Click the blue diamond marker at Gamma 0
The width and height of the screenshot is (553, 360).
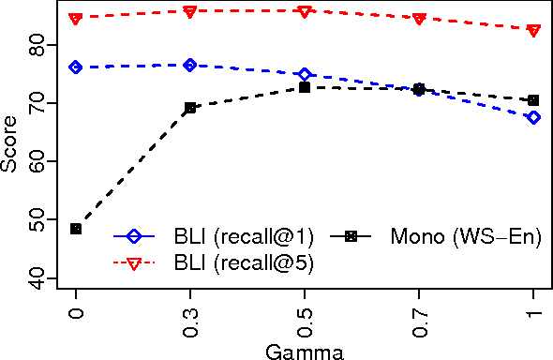click(76, 67)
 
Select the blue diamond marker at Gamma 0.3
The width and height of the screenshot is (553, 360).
click(190, 65)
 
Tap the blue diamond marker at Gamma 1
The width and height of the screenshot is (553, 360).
click(533, 117)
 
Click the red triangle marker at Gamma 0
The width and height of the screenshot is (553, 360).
click(76, 19)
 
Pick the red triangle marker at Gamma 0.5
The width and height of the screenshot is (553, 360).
click(305, 11)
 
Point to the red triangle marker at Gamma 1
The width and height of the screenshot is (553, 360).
click(533, 31)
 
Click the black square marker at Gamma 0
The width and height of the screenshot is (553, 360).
click(76, 229)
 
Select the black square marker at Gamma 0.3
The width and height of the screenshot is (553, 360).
click(190, 108)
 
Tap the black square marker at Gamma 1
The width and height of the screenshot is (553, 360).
click(533, 100)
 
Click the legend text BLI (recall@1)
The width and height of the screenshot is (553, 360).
click(244, 235)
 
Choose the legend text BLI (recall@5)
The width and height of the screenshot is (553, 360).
click(244, 264)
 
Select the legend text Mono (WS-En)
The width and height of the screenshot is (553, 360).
click(466, 235)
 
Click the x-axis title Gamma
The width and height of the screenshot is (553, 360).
click(305, 352)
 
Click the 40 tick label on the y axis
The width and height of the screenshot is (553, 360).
click(37, 277)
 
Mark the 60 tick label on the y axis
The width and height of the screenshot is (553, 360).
click(37, 161)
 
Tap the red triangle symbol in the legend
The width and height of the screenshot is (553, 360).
click(133, 264)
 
